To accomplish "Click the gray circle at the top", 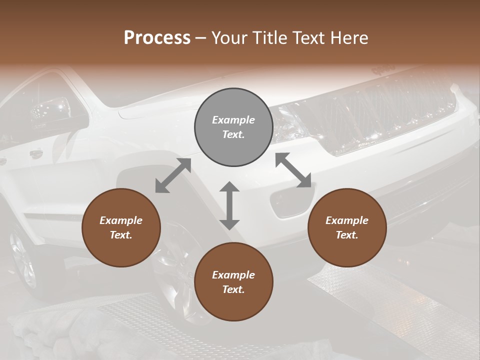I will (233, 127).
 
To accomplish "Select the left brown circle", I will (121, 228).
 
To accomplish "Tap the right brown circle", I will (347, 228).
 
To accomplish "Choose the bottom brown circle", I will (233, 282).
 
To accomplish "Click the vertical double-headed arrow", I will (229, 205).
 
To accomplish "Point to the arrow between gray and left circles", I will (173, 175).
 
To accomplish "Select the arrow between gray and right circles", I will (293, 170).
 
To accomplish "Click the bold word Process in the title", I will (157, 38).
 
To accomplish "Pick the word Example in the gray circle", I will (233, 120).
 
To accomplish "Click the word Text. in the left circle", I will (121, 235).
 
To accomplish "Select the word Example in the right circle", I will (347, 220).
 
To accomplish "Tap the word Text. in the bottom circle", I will (233, 289).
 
